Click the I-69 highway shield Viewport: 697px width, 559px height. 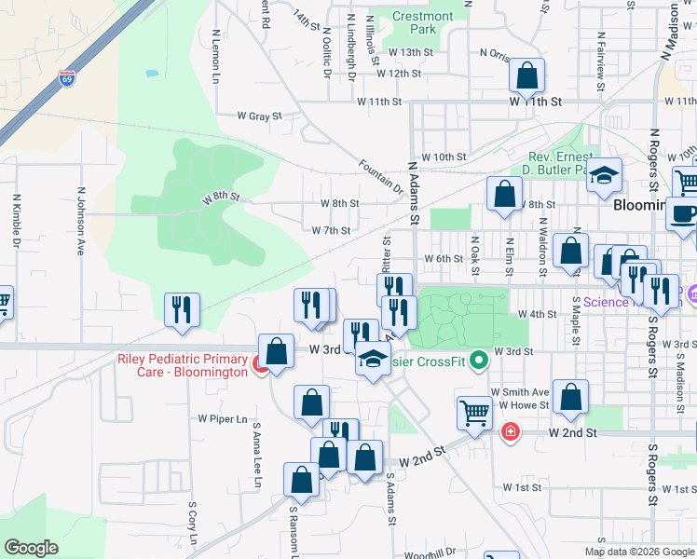point(66,78)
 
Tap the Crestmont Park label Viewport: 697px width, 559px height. point(422,22)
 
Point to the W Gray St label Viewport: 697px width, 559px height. point(259,116)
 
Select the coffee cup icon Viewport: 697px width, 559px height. point(685,213)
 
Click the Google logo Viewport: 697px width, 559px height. point(31,548)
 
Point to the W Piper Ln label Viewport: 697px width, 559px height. point(223,419)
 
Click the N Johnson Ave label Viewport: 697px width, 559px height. point(81,223)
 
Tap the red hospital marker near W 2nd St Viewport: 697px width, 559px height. point(510,431)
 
